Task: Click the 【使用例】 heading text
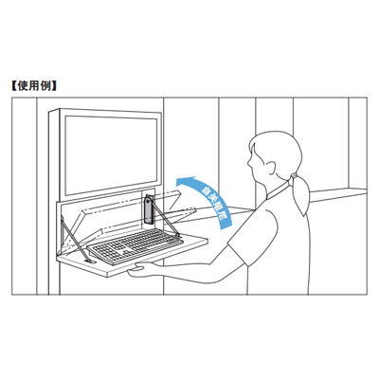click(34, 86)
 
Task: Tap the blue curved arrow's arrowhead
click(184, 182)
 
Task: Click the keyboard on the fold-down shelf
click(135, 246)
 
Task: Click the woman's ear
click(271, 168)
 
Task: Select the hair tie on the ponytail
click(294, 176)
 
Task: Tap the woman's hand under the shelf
click(139, 271)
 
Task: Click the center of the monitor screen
click(111, 154)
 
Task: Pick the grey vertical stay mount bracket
click(149, 210)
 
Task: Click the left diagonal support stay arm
click(75, 240)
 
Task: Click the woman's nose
click(249, 163)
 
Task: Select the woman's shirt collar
click(278, 190)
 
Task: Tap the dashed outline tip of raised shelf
click(179, 190)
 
